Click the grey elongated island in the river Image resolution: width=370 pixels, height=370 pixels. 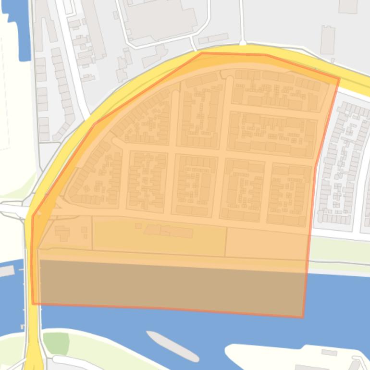tap(172, 346)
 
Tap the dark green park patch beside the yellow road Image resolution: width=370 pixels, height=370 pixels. tap(56, 343)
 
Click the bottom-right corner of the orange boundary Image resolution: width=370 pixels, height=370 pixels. tap(303, 317)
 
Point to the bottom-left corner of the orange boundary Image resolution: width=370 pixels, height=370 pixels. tap(33, 303)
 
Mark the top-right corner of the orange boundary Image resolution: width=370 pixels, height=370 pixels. tap(339, 78)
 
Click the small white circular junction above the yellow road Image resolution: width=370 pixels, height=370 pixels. tap(243, 44)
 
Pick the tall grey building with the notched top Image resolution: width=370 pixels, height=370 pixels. tap(328, 39)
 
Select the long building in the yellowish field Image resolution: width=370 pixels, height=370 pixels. tap(168, 231)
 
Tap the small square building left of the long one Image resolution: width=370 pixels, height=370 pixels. tap(138, 225)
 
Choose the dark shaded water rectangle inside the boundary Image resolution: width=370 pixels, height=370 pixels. tap(168, 286)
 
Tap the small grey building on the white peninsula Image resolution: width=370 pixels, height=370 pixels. tap(329, 353)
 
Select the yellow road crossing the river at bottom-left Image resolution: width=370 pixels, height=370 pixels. tap(32, 336)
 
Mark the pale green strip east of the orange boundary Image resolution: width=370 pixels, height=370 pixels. tap(339, 250)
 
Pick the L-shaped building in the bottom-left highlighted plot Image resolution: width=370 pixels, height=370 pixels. tap(62, 234)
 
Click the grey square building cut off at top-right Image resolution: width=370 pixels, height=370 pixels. tap(348, 6)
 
